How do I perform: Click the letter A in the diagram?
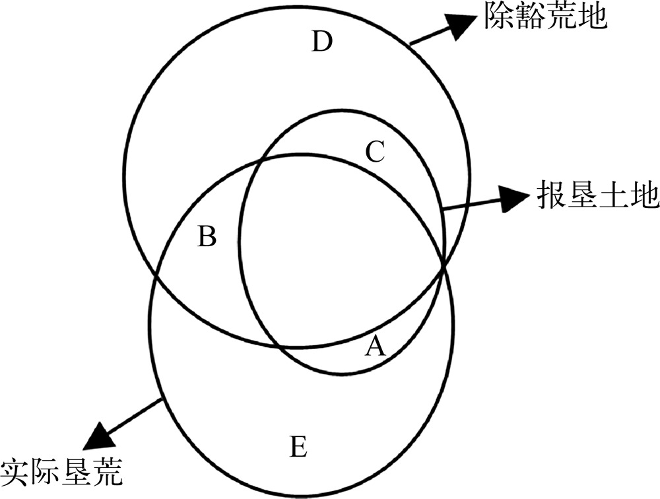[375, 345]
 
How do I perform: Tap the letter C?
[374, 152]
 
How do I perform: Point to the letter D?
[322, 43]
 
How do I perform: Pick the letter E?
[298, 448]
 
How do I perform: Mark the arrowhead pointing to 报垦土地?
[510, 198]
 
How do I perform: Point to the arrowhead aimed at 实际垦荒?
[99, 438]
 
